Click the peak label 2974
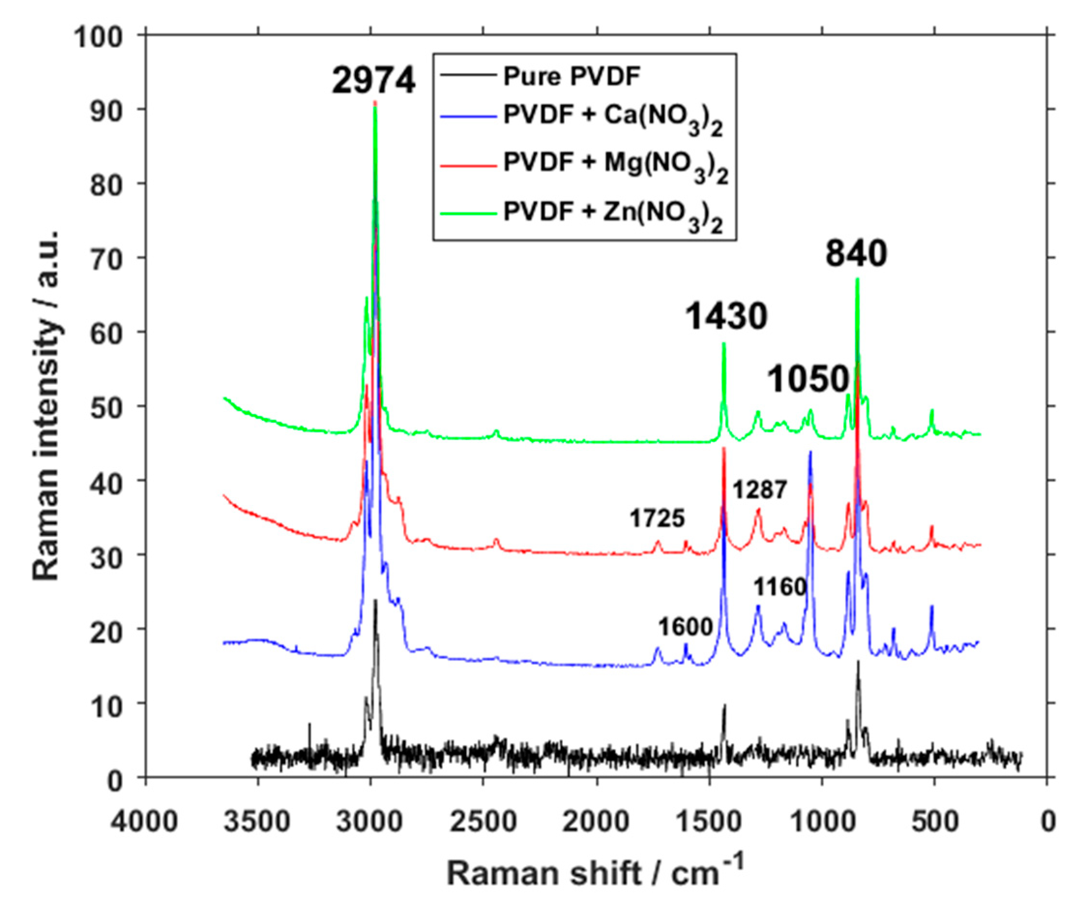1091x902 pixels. tap(373, 81)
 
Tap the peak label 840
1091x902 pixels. tap(856, 254)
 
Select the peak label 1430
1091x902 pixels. tap(726, 316)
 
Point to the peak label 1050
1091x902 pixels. tap(809, 379)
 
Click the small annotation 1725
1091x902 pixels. tap(657, 518)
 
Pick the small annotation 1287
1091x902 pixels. tap(760, 489)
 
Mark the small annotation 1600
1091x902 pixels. tap(685, 627)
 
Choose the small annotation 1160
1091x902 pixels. tap(780, 587)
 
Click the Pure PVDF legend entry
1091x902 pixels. tap(572, 77)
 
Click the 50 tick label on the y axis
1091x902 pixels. tap(106, 406)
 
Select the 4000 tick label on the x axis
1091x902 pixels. tap(145, 822)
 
